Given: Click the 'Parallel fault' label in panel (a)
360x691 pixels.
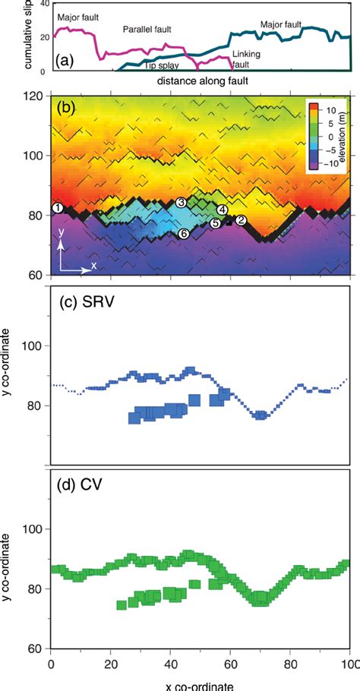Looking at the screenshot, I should click(x=147, y=30).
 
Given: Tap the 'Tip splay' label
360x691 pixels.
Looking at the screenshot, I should click(x=161, y=66).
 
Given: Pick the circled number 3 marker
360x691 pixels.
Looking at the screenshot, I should click(x=181, y=203).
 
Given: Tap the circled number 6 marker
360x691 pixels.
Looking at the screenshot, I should click(x=183, y=234).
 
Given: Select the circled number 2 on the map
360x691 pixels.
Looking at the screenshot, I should click(x=241, y=220).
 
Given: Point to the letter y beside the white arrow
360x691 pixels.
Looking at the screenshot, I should click(x=60, y=245).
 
